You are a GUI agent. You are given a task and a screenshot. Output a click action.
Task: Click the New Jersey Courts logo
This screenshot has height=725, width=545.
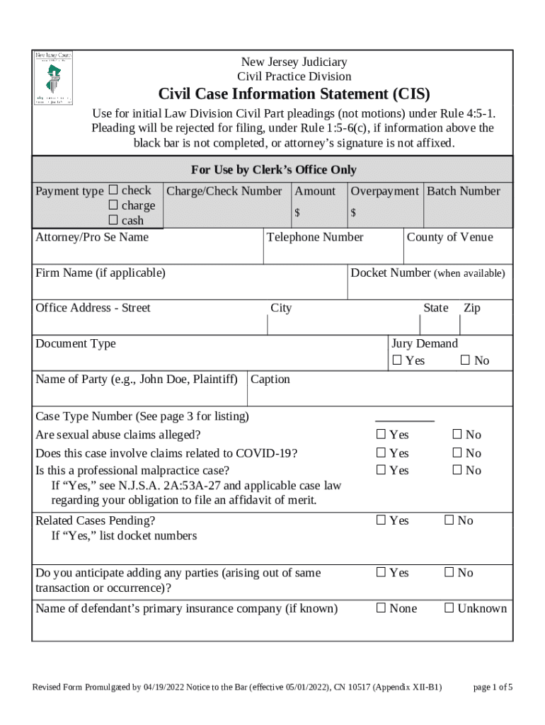54,79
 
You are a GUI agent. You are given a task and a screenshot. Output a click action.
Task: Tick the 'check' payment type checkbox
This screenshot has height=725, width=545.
113,190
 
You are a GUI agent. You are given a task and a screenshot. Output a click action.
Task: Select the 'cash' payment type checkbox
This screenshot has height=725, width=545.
113,220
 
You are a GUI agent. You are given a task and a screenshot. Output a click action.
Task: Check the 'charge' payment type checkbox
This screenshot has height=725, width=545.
113,205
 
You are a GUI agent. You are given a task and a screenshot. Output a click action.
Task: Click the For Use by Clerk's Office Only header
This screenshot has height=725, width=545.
273,170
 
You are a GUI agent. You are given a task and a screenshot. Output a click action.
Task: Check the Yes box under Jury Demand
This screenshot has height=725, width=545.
397,361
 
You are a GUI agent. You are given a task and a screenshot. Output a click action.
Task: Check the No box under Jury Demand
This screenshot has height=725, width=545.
466,361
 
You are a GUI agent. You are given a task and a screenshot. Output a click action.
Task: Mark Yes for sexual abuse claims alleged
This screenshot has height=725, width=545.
381,434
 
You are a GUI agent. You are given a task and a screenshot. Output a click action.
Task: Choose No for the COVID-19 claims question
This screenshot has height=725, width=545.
457,453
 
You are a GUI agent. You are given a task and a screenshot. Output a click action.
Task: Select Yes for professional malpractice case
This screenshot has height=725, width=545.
381,470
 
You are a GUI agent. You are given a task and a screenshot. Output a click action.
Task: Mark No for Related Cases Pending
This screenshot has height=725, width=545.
449,520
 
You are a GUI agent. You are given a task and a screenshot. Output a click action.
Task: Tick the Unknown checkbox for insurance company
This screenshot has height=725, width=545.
449,607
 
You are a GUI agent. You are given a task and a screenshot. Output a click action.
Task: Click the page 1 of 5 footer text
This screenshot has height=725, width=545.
493,687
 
